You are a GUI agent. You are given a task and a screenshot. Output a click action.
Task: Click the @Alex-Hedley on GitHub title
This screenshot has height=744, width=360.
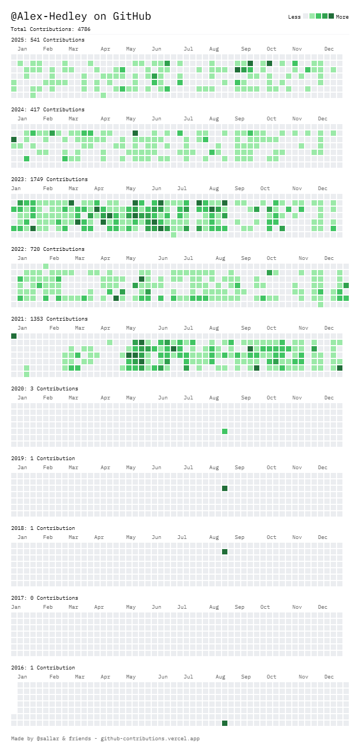[x=81, y=17]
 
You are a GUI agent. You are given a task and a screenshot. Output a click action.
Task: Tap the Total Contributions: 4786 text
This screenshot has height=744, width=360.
[x=51, y=29]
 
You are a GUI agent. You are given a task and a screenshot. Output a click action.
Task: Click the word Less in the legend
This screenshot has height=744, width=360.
[x=294, y=17]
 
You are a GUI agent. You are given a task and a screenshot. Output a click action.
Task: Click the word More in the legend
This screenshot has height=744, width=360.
[x=342, y=17]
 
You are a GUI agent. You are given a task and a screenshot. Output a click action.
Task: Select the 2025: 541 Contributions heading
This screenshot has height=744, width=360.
[x=47, y=40]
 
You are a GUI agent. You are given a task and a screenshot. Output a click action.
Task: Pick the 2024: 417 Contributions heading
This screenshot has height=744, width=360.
[x=47, y=110]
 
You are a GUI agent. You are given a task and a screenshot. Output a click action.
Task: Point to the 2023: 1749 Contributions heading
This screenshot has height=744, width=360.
[x=49, y=179]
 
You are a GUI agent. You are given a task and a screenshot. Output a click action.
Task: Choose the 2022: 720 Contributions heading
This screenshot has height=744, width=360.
[x=47, y=249]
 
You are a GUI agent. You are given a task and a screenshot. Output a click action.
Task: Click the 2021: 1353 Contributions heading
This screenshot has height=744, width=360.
[x=49, y=319]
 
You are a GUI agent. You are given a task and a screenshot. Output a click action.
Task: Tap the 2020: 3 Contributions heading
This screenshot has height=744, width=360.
[x=44, y=389]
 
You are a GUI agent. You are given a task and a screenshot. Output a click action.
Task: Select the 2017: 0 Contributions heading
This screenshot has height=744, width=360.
[x=44, y=598]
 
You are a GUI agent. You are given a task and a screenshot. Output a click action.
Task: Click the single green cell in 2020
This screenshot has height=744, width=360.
[x=225, y=431]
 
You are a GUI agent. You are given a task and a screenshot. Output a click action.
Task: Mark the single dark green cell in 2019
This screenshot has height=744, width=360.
[x=225, y=488]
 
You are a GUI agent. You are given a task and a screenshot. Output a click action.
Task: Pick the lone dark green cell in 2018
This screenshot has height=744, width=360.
[x=225, y=552]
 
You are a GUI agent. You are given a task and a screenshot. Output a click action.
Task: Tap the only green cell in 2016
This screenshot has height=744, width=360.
[x=225, y=723]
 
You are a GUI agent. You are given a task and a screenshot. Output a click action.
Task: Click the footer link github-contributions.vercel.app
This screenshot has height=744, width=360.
[x=150, y=739]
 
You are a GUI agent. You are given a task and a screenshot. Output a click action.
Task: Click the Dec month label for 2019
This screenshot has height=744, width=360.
[x=323, y=468]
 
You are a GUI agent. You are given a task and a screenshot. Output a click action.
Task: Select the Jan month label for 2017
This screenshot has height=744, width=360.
[x=16, y=607]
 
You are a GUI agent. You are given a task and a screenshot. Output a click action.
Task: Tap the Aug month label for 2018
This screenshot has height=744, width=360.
[x=214, y=537]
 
